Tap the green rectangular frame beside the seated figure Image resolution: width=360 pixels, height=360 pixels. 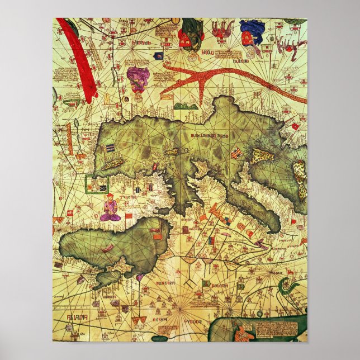pos(91,184)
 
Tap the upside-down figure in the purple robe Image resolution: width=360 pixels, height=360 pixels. pos(137,78)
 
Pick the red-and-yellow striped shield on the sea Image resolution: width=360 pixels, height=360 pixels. pos(236,152)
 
